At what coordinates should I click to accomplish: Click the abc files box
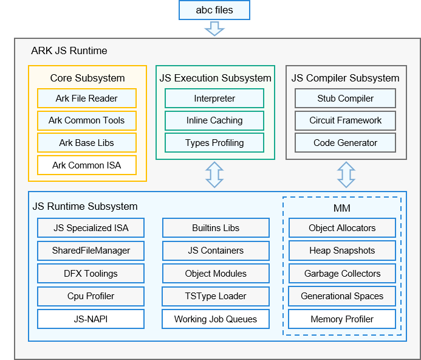(214, 10)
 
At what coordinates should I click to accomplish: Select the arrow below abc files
(214, 29)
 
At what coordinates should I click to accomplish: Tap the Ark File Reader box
(87, 99)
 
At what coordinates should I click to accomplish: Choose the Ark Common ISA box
(87, 165)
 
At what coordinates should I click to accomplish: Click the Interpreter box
(214, 99)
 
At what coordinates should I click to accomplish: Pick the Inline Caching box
(214, 120)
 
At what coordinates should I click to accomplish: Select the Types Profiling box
(214, 143)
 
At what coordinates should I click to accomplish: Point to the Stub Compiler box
(345, 99)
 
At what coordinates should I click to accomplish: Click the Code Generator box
(345, 143)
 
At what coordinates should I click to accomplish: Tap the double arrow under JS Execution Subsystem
(214, 175)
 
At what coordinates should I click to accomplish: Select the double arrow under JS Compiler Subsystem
(346, 175)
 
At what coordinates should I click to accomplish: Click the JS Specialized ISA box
(91, 228)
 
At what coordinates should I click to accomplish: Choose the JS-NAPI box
(91, 319)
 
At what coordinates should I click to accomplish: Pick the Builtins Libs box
(216, 228)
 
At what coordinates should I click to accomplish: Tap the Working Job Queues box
(216, 319)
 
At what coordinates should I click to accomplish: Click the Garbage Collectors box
(342, 274)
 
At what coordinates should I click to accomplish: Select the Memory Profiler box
(342, 319)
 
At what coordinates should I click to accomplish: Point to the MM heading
(342, 209)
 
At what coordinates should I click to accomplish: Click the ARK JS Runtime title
(69, 50)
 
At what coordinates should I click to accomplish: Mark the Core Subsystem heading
(87, 78)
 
